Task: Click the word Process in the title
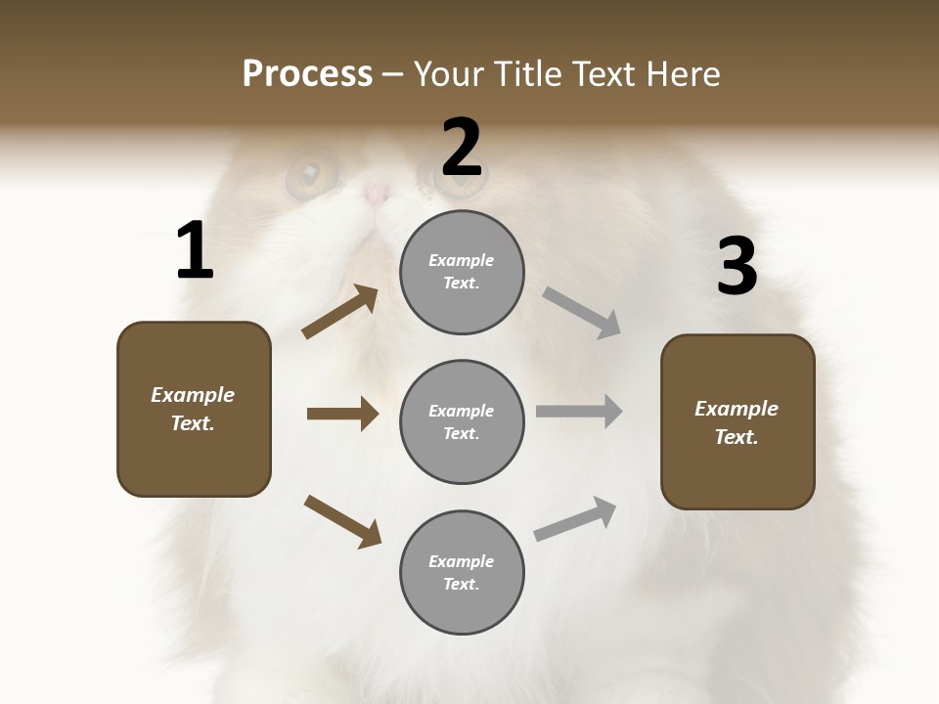tap(307, 74)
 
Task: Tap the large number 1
tap(195, 251)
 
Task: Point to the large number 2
tap(462, 148)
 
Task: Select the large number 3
tap(737, 267)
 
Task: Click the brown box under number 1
tap(194, 409)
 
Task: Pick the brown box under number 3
tap(738, 421)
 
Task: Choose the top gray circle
tap(462, 272)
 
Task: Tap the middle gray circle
tap(462, 421)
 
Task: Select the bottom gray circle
tap(462, 572)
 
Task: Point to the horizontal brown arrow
tap(342, 414)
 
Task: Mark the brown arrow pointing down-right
tap(342, 521)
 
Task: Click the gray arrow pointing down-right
tap(582, 313)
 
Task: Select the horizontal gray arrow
tap(579, 412)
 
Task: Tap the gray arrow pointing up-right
tap(575, 518)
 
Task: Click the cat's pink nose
tap(377, 193)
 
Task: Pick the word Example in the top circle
tap(461, 260)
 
